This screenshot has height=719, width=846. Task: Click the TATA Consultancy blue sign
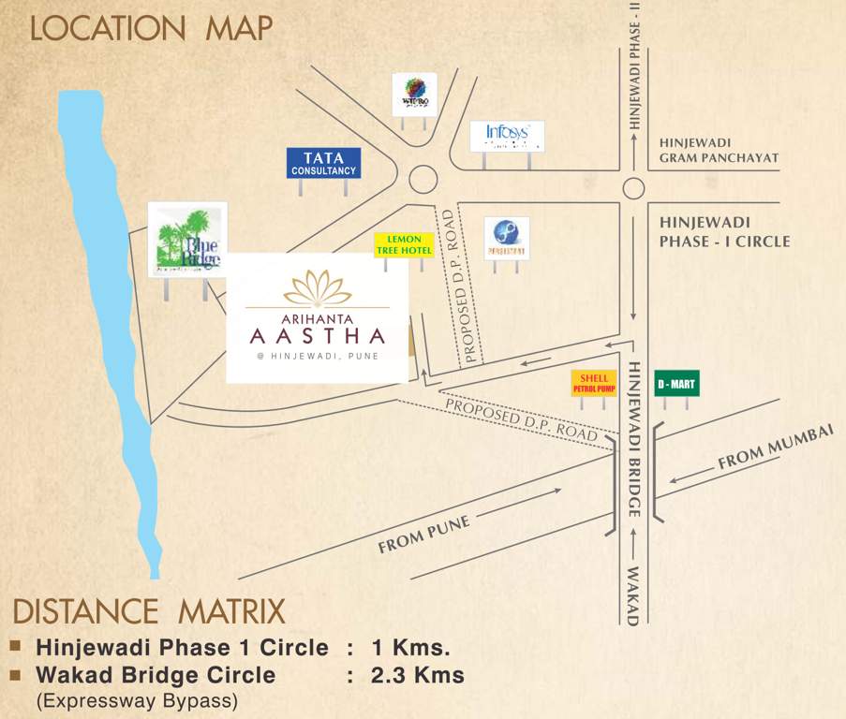coord(323,163)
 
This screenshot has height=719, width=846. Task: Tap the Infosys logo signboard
coord(507,136)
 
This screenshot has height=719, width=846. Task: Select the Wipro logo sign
coord(414,94)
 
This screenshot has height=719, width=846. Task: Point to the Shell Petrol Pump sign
coord(594,383)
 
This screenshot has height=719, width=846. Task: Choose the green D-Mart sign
coord(676,383)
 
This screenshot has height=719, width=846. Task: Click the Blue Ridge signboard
coord(187,240)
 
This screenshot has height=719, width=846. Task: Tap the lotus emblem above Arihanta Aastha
coord(318,287)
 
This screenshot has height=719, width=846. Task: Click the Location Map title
coord(151,28)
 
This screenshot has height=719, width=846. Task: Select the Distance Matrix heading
coord(149,612)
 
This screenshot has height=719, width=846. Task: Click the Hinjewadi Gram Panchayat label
coord(719,150)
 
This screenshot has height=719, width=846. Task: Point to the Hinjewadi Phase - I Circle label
coord(724,231)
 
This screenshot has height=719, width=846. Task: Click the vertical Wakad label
coord(633,595)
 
